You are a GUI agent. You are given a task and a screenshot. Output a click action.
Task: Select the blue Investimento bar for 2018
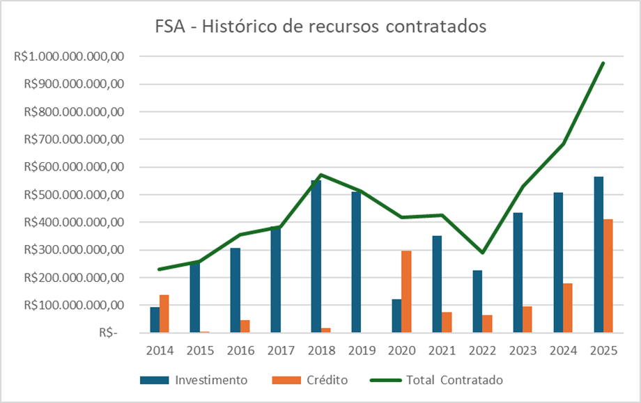tap(316, 258)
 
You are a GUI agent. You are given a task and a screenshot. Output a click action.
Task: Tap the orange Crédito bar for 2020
tap(406, 292)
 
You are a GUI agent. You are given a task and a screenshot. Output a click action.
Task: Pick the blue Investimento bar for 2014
tap(155, 319)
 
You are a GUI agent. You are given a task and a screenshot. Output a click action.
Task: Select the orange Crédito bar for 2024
tap(568, 308)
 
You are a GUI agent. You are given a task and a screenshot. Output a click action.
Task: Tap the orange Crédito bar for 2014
tap(164, 314)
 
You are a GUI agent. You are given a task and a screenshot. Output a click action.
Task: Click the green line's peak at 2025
tap(603, 63)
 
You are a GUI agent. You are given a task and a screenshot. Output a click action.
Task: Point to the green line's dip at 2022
tap(482, 253)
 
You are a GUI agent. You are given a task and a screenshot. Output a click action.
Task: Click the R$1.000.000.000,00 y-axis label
tap(68, 57)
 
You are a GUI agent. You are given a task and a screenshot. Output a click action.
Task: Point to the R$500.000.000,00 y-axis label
tap(72, 195)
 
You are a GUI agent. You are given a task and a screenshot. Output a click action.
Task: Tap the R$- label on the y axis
tap(108, 333)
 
